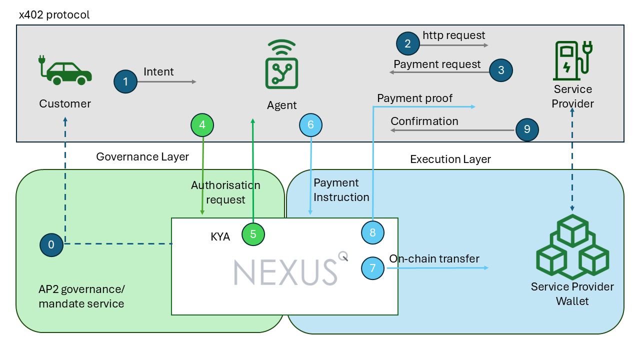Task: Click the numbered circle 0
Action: pos(51,244)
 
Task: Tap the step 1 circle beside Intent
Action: pos(125,81)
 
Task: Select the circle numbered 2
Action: pos(407,43)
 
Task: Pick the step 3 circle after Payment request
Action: pos(501,70)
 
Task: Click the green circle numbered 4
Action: pos(202,125)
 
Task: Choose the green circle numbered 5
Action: pos(253,234)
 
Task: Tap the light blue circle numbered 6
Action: pos(310,125)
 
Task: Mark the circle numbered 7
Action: pos(372,268)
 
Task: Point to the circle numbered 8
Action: pos(372,232)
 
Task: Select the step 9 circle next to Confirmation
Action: pos(527,129)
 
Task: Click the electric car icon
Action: pos(65,70)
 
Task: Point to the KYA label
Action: pos(220,237)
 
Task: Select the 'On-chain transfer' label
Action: pos(434,258)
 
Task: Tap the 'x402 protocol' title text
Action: pos(54,14)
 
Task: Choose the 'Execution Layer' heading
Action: pos(450,159)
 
